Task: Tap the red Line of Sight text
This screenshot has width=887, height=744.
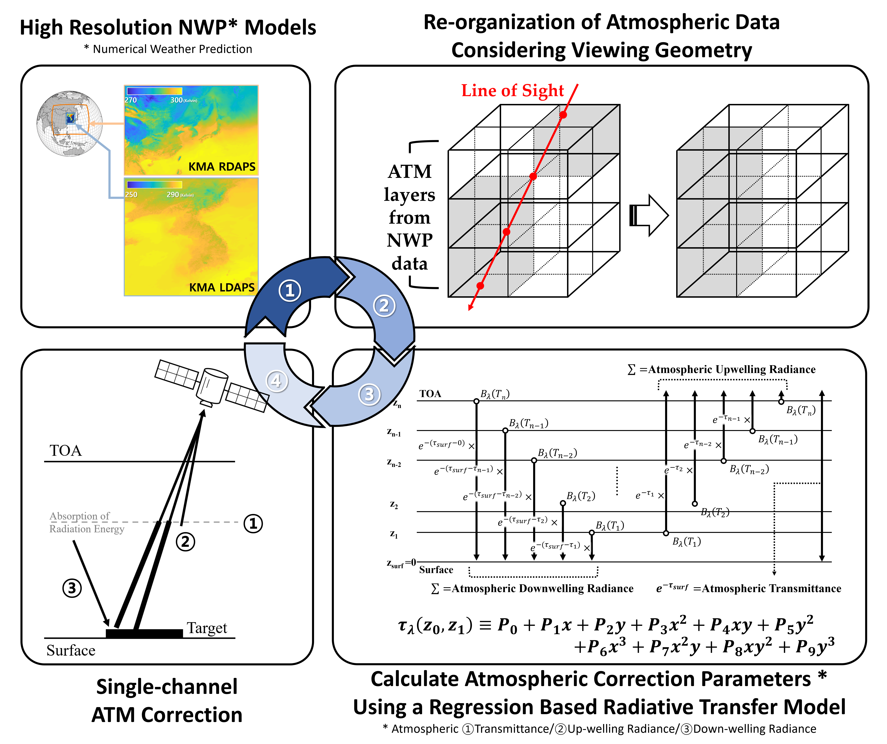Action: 512,90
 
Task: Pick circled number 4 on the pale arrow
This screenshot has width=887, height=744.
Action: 276,381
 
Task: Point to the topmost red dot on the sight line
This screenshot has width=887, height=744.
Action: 563,115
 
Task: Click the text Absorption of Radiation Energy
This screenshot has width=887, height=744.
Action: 87,523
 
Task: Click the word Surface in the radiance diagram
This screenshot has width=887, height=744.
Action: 436,570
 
